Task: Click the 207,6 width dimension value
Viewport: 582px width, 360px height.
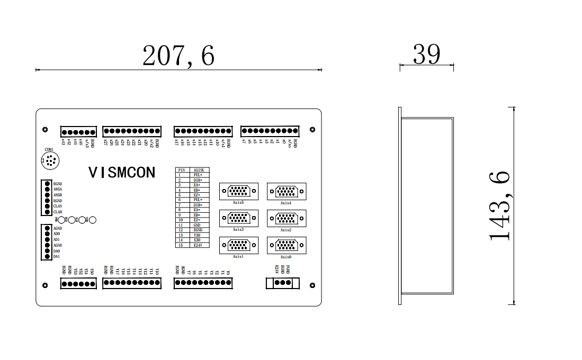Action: [x=178, y=56]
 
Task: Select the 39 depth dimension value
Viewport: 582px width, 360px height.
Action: [x=426, y=54]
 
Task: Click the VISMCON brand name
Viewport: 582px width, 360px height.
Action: [x=122, y=173]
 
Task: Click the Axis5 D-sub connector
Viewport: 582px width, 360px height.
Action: [x=239, y=191]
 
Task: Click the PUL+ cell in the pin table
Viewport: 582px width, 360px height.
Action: [x=199, y=175]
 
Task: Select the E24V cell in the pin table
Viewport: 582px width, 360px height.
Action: [x=199, y=245]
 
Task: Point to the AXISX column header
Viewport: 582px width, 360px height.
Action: [x=199, y=170]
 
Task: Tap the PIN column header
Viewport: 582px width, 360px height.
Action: [x=182, y=170]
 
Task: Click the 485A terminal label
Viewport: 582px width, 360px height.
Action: [x=58, y=189]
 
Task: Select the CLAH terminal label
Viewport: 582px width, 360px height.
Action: [x=58, y=212]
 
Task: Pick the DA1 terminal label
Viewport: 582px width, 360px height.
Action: [x=57, y=257]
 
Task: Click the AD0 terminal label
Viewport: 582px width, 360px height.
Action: [x=57, y=234]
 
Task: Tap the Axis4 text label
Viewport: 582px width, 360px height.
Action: [x=286, y=203]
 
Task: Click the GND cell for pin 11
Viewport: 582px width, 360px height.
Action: [x=198, y=225]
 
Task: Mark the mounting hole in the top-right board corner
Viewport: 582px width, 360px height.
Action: [x=312, y=129]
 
